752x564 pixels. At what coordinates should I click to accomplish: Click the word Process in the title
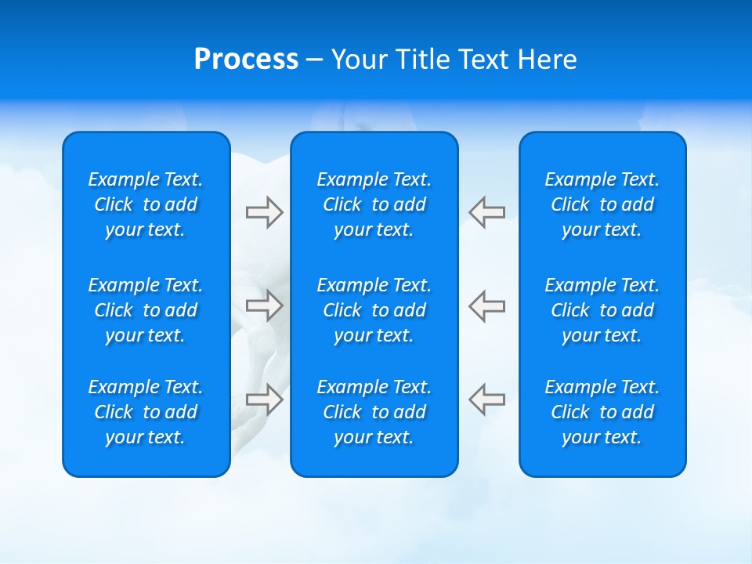tap(246, 60)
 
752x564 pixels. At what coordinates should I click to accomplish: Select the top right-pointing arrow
tap(264, 212)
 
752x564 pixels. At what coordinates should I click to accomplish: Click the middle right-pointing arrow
tap(264, 305)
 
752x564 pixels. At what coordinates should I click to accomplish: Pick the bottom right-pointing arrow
tap(264, 399)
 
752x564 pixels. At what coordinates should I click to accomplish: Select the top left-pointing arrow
tap(487, 212)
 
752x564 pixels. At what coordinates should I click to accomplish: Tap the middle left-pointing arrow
tap(487, 305)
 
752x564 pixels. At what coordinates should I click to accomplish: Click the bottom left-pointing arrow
tap(487, 399)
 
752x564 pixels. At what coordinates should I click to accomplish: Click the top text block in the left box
tap(146, 204)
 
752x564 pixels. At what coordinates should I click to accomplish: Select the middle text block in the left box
tap(146, 310)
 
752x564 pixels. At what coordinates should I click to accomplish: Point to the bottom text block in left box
tap(146, 412)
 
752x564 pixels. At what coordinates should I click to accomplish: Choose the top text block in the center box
tap(374, 204)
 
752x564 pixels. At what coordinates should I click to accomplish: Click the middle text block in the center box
tap(374, 310)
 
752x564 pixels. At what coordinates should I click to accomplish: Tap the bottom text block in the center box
tap(374, 412)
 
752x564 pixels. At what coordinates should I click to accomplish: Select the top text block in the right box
tap(602, 204)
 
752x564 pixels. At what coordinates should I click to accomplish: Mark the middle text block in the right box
tap(602, 310)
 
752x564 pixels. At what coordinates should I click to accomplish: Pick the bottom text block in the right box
tap(602, 412)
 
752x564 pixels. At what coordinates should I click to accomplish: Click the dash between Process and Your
tap(314, 60)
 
